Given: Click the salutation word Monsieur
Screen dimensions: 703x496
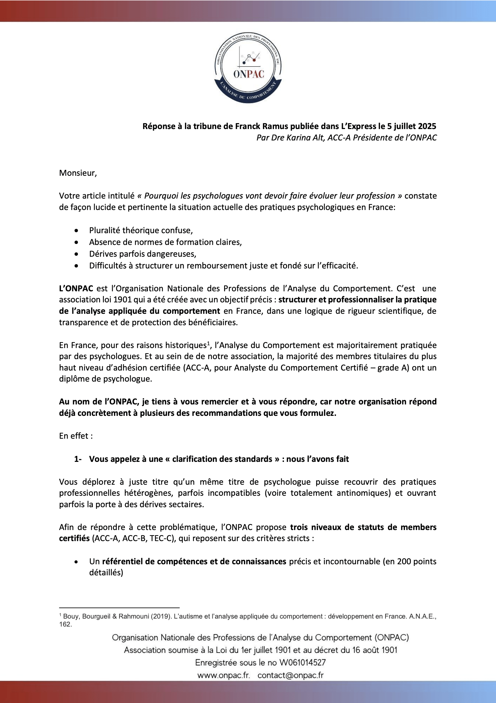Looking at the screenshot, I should click(x=78, y=173).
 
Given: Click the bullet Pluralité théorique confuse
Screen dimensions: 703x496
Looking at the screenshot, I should click(x=141, y=230).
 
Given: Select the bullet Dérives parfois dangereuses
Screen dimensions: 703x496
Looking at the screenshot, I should click(x=142, y=254).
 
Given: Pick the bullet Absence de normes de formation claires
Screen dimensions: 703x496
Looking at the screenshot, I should click(x=165, y=242).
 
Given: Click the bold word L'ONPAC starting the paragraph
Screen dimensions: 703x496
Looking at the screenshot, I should click(x=76, y=289).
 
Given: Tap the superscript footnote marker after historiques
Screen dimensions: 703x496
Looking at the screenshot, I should click(x=209, y=343).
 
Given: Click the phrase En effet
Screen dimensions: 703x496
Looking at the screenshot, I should click(x=76, y=436).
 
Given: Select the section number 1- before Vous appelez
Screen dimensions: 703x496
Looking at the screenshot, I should click(x=78, y=459).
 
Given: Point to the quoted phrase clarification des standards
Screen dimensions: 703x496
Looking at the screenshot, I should click(x=222, y=459).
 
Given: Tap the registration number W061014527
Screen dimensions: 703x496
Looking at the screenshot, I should click(x=302, y=663).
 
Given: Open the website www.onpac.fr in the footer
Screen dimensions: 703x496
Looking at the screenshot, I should click(x=223, y=675).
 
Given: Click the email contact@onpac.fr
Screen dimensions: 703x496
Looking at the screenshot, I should click(x=291, y=675).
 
